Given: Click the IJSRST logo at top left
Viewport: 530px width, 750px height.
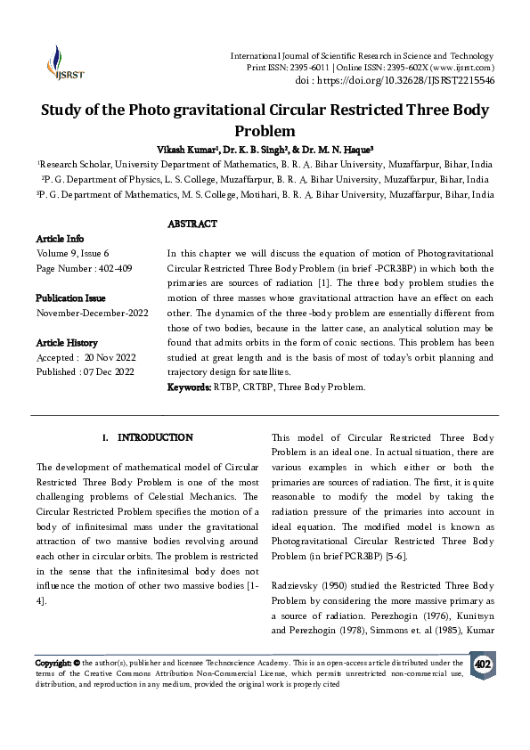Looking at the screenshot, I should [x=59, y=61].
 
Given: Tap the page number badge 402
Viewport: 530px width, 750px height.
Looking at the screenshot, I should [x=482, y=664].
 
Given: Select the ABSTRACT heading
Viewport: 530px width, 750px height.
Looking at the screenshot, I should [x=192, y=224].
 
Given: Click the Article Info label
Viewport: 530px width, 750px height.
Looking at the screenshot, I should [x=60, y=239].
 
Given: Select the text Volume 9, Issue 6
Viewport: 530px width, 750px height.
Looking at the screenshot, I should [x=75, y=254].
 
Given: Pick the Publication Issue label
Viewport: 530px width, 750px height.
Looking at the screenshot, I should [x=70, y=298].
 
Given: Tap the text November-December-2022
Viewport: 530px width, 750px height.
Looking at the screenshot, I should [x=93, y=313].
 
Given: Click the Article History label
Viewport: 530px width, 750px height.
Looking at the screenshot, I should [x=67, y=342].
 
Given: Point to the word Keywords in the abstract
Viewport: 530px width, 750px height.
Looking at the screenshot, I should [x=189, y=387].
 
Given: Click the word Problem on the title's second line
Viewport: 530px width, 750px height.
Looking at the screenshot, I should [x=265, y=130].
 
